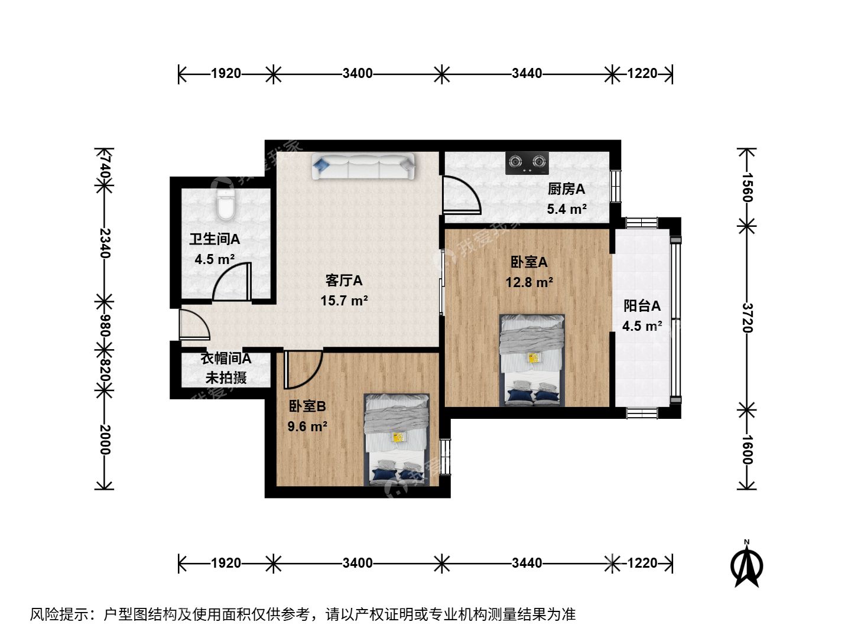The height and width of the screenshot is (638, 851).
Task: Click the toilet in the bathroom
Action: (226, 205)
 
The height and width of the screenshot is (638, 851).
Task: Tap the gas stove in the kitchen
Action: (527, 162)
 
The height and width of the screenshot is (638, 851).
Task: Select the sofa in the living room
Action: (363, 166)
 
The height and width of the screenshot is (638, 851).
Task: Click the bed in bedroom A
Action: (531, 360)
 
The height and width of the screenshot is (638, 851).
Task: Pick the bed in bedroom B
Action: (396, 440)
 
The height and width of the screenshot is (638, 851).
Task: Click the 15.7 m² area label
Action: (344, 301)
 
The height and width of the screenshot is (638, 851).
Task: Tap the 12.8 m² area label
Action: (529, 282)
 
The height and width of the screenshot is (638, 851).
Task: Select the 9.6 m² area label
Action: (307, 427)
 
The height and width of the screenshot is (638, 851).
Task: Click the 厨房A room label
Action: (566, 189)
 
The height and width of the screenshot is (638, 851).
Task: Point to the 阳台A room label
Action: (642, 306)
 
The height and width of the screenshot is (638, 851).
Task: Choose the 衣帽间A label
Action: (226, 359)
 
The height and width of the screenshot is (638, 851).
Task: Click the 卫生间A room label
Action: (215, 239)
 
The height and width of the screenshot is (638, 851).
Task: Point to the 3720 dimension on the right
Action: (747, 318)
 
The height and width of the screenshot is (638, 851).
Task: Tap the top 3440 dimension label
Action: (527, 73)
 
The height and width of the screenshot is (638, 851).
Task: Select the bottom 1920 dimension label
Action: (226, 563)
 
